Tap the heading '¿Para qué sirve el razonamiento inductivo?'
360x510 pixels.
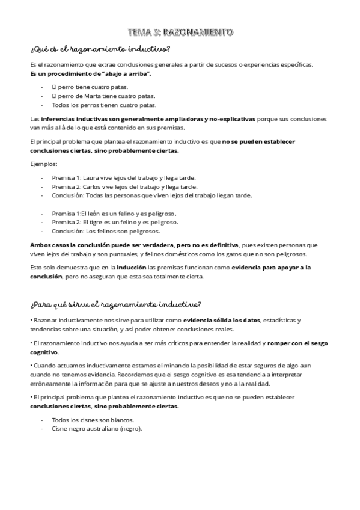click(115, 303)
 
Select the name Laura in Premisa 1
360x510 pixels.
click(90, 177)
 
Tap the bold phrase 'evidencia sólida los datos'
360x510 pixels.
click(227, 321)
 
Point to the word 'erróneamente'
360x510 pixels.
click(50, 384)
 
